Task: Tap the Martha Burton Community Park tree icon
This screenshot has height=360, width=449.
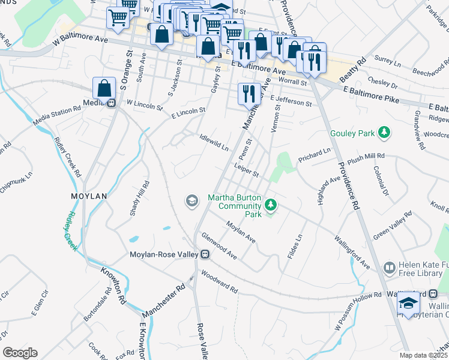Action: pos(271,206)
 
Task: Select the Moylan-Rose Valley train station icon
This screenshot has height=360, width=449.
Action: pos(205,255)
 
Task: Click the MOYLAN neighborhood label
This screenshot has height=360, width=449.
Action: pos(88,196)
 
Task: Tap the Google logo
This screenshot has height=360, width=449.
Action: pos(20,353)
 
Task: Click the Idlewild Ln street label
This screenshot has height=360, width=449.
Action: pos(214,143)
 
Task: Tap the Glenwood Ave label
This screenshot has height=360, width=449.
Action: pos(219,247)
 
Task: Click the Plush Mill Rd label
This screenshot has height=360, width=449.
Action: pos(366,158)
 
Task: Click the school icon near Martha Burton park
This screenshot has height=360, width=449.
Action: pos(192,200)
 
